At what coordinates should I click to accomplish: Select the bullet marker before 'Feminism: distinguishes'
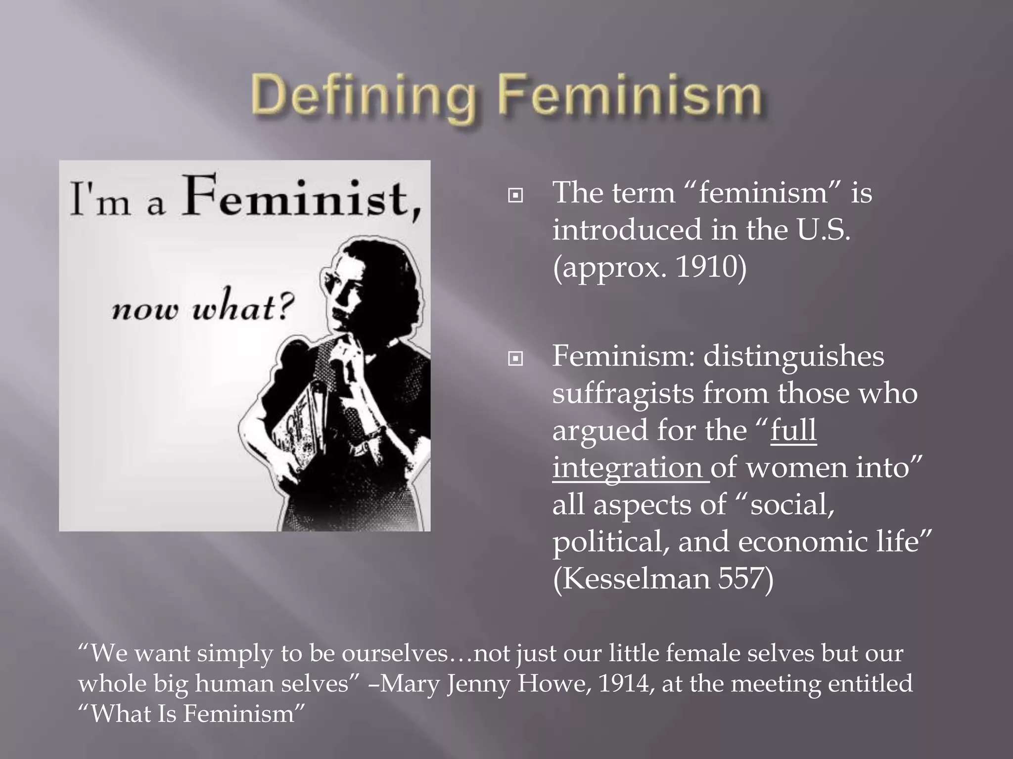pos(515,359)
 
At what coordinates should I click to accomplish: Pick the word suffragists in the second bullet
pos(623,393)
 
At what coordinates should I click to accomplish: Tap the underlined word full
pos(793,430)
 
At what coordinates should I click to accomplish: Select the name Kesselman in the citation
pos(636,579)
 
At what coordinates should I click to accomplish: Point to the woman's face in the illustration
pos(346,292)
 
